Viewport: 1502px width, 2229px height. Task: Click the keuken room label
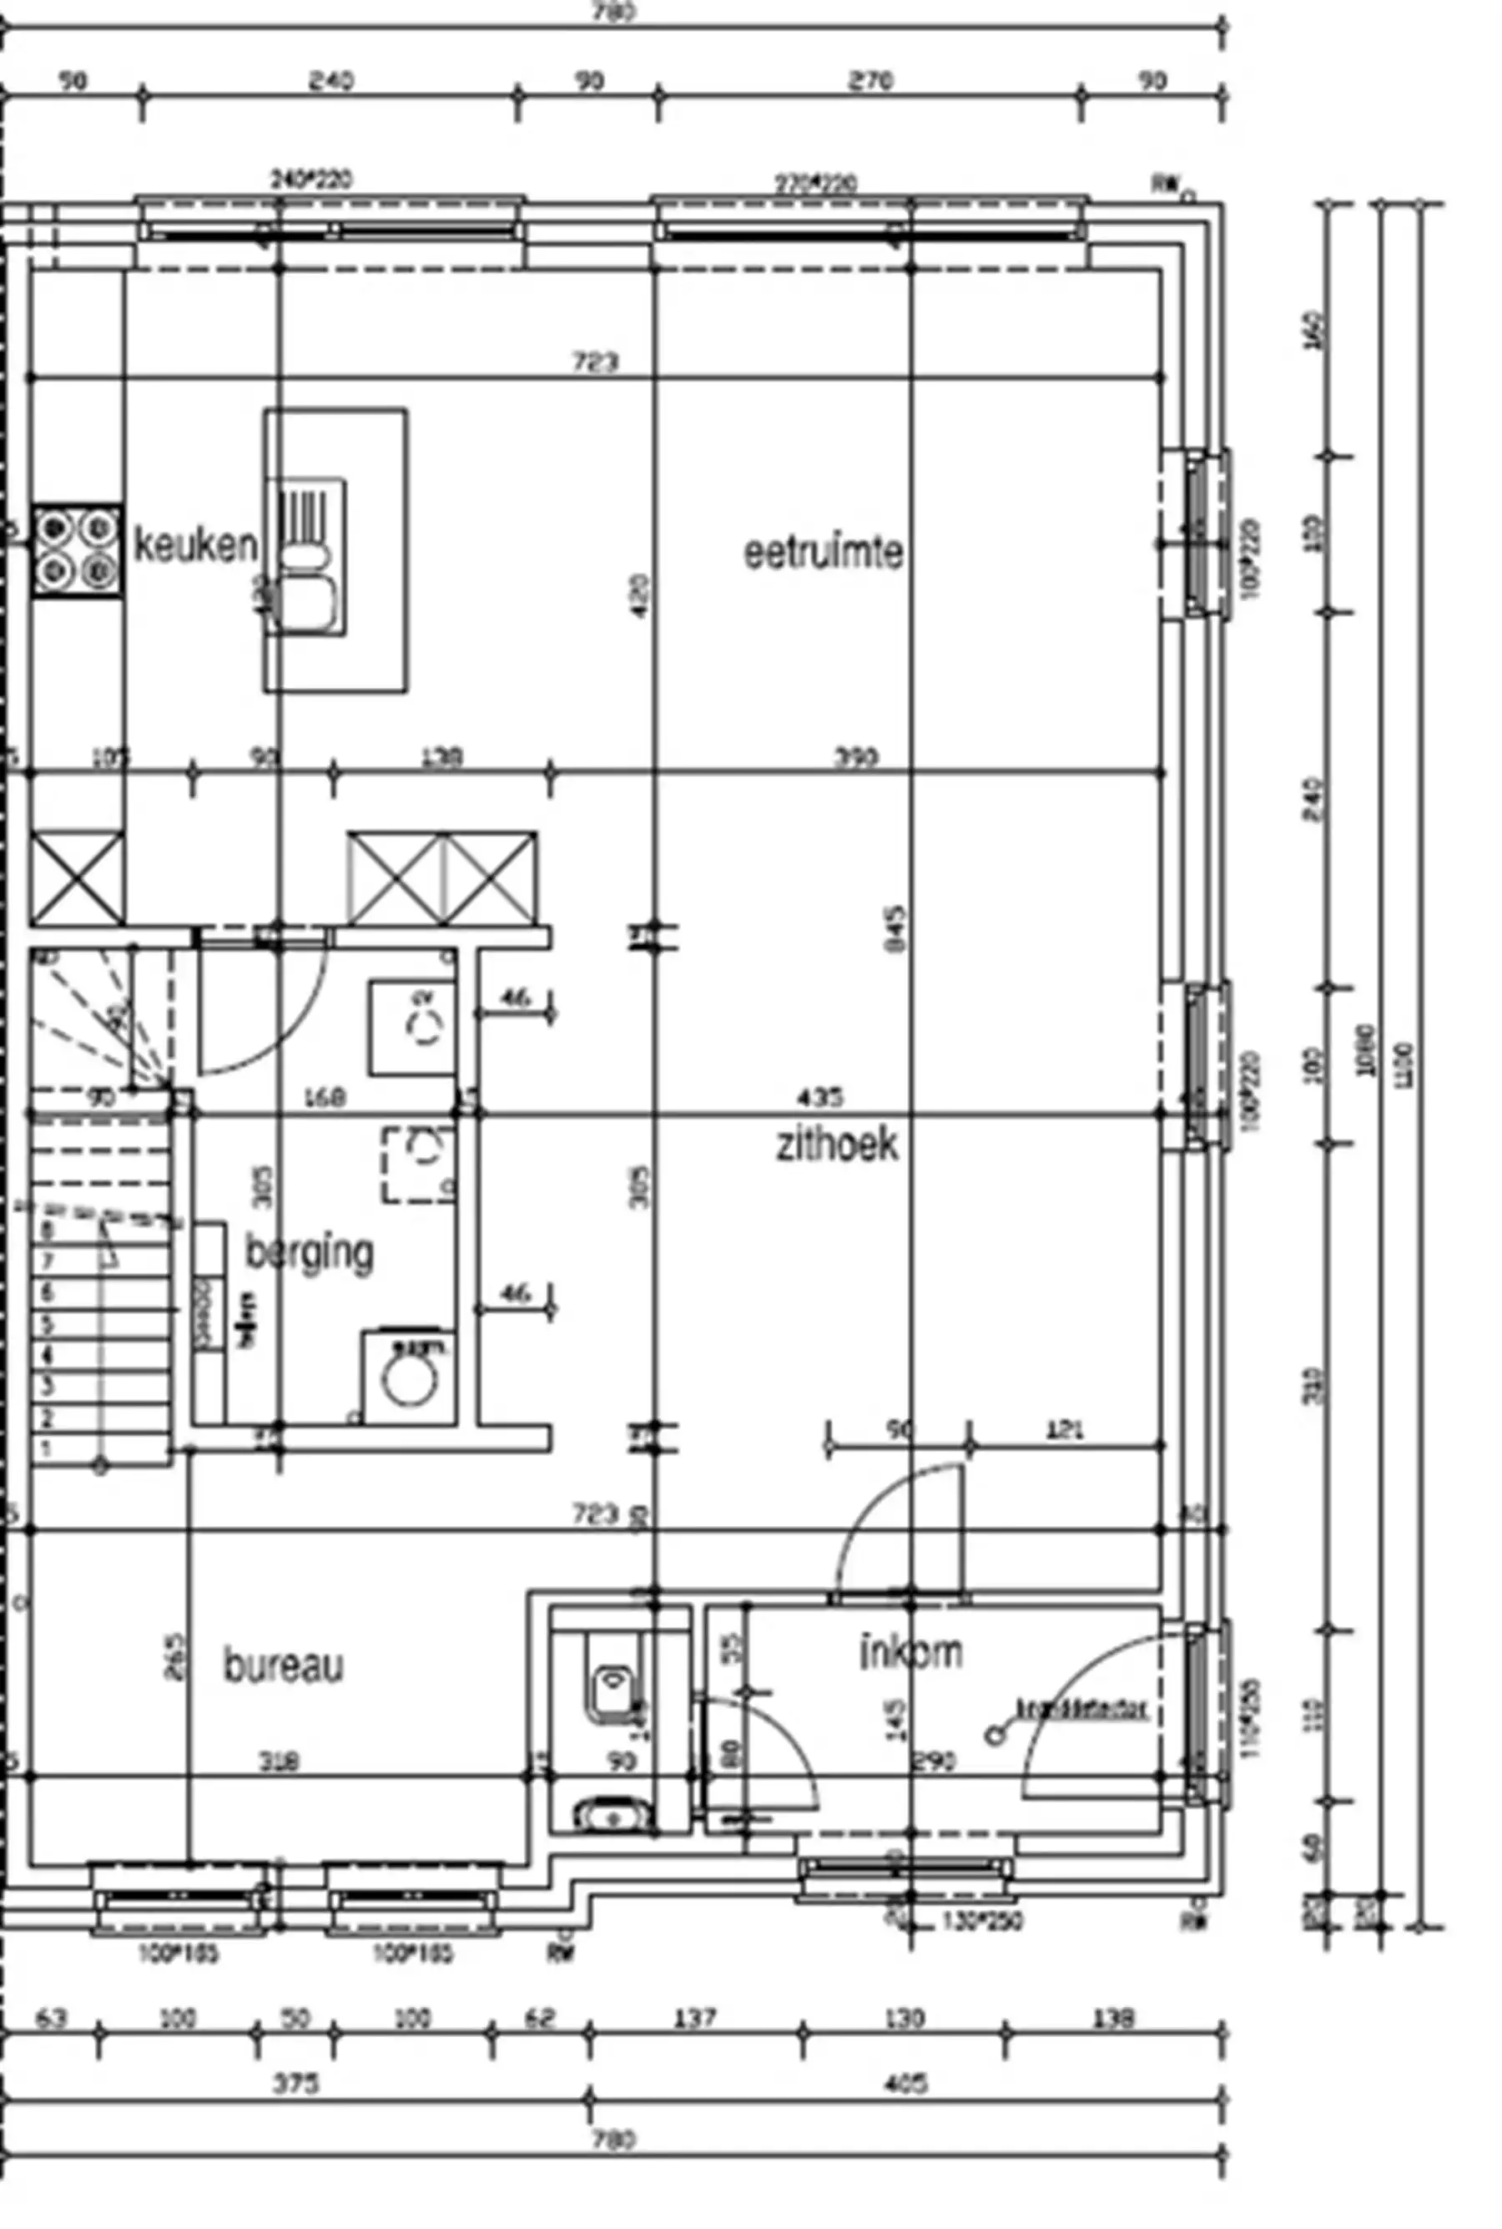[x=195, y=545]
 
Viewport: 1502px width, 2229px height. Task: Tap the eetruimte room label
[x=824, y=553]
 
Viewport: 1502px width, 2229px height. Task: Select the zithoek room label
[x=837, y=1145]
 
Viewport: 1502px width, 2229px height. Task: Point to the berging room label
[x=309, y=1252]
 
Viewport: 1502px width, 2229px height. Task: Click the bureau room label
[x=284, y=1666]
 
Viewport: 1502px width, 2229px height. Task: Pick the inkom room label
[x=911, y=1652]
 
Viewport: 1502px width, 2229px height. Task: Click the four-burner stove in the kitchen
[x=77, y=551]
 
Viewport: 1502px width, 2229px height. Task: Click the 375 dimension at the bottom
[x=296, y=2085]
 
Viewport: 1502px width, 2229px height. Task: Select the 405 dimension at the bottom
[x=905, y=2085]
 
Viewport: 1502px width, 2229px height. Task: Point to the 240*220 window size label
[x=311, y=179]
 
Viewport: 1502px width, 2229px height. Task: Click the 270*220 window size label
[x=815, y=183]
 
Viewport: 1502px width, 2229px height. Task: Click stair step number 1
[x=47, y=1448]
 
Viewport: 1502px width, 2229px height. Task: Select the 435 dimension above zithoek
[x=820, y=1096]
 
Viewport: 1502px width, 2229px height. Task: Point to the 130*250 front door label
[x=983, y=1920]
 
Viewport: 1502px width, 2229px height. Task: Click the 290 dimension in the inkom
[x=935, y=1761]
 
